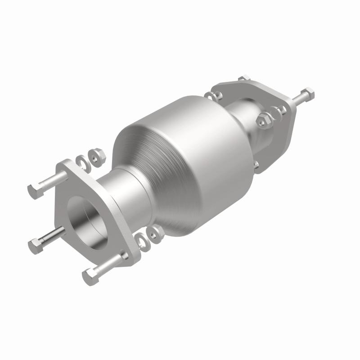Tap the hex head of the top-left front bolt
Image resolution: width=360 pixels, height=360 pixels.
point(35,191)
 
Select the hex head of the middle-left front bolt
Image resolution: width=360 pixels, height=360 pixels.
point(35,246)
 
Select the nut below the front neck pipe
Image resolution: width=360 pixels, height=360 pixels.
point(157,233)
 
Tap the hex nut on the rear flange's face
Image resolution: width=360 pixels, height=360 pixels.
point(264,120)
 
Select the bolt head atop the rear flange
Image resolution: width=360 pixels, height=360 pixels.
point(244,78)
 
